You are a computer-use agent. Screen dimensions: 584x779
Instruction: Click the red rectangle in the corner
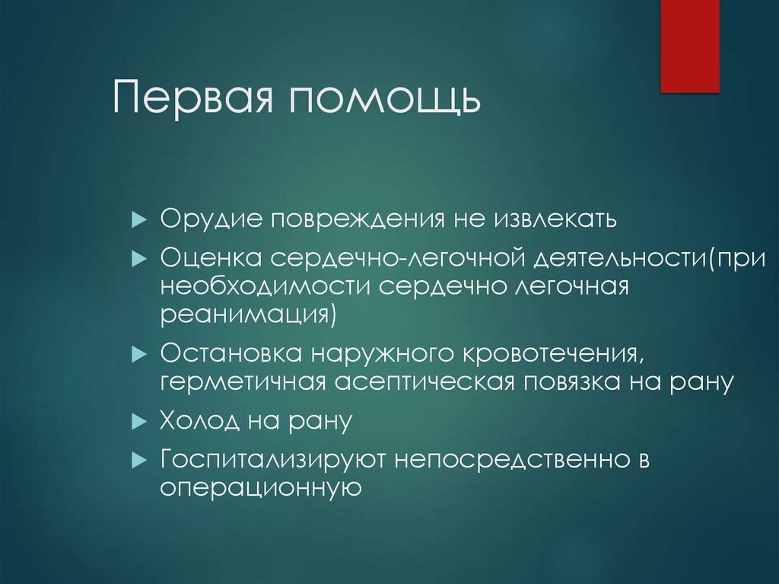(689, 46)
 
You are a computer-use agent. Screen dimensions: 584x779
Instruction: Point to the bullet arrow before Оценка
(138, 258)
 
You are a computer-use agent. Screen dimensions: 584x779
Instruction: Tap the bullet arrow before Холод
(138, 420)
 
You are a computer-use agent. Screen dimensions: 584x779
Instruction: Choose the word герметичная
(243, 381)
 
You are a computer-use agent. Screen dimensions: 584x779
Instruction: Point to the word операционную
(259, 487)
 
